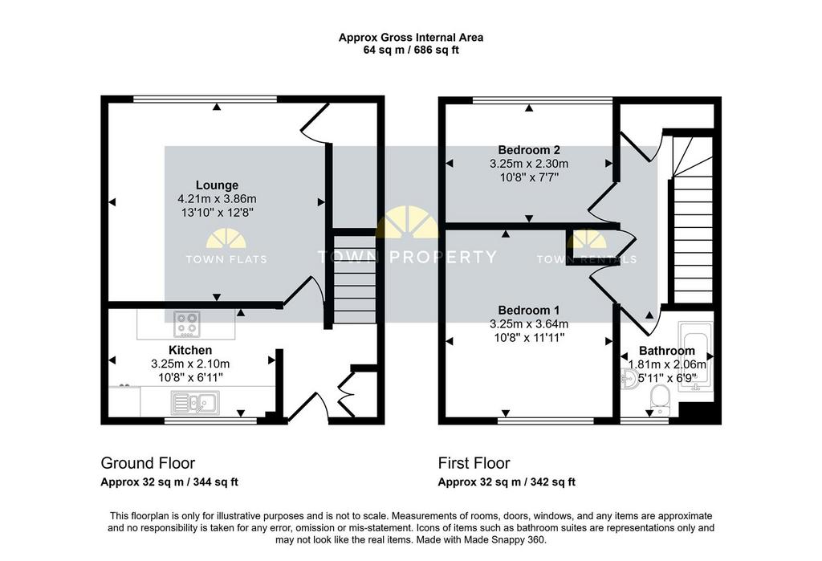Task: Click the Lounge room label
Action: tap(217, 185)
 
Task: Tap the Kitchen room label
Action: tap(190, 350)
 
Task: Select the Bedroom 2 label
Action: tap(529, 150)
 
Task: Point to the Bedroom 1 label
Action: tap(529, 311)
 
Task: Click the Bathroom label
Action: tap(667, 351)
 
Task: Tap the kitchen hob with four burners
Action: tap(187, 324)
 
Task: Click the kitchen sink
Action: tap(196, 403)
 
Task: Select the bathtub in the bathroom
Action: tap(695, 356)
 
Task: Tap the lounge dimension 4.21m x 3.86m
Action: tap(217, 199)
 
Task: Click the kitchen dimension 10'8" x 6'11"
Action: tap(190, 377)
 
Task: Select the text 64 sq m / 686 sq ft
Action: tap(411, 51)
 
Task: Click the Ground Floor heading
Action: tap(148, 463)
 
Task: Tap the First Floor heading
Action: tap(474, 463)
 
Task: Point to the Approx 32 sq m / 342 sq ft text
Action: tap(507, 482)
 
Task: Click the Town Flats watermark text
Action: tap(226, 259)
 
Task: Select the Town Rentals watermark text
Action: tap(587, 259)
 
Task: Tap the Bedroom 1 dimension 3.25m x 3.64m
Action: tap(529, 324)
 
